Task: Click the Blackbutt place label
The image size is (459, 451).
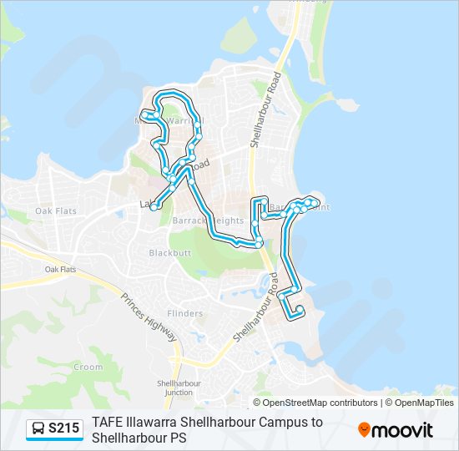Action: point(170,252)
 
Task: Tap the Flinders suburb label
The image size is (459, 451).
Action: point(184,313)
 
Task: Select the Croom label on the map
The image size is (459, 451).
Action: point(88,367)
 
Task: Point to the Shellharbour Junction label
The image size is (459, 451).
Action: point(179,388)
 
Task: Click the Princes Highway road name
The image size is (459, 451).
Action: point(149,317)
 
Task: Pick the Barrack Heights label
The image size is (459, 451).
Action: point(208,220)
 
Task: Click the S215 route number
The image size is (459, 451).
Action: point(64,429)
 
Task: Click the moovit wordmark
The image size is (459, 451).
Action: point(403,430)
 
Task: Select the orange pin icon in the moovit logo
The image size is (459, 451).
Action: point(365,430)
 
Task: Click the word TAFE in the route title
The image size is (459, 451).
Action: point(108,423)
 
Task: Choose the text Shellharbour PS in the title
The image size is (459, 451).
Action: point(139,438)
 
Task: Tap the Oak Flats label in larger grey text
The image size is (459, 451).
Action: point(56,210)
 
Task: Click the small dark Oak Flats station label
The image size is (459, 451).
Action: point(60,270)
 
